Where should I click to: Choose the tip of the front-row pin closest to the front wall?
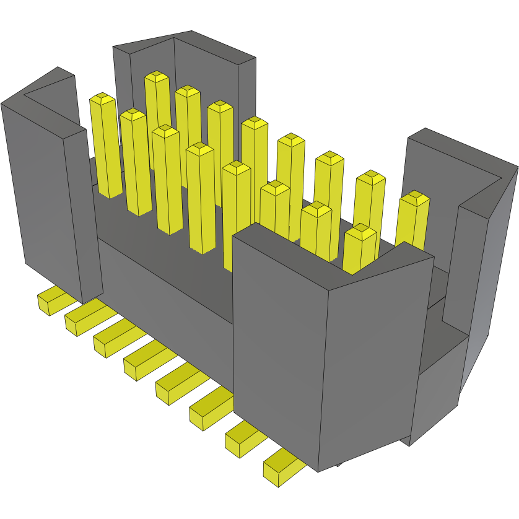[360, 232]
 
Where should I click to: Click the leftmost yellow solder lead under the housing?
[50, 301]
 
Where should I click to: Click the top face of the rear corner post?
[186, 46]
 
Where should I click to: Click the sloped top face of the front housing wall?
[328, 254]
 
